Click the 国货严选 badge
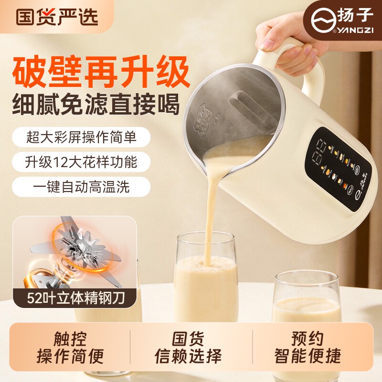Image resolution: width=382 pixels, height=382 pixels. coord(57,17)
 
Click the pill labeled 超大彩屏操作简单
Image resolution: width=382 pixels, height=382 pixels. coord(81,138)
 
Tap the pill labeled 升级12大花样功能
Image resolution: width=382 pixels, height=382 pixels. coord(81,162)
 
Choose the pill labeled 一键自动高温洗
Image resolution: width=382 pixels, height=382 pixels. coord(81,186)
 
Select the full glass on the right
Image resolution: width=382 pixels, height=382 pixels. coord(307,301)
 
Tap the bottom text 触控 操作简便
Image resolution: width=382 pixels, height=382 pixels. coord(70,348)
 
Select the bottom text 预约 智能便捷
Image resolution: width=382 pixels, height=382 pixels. coord(308,348)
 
